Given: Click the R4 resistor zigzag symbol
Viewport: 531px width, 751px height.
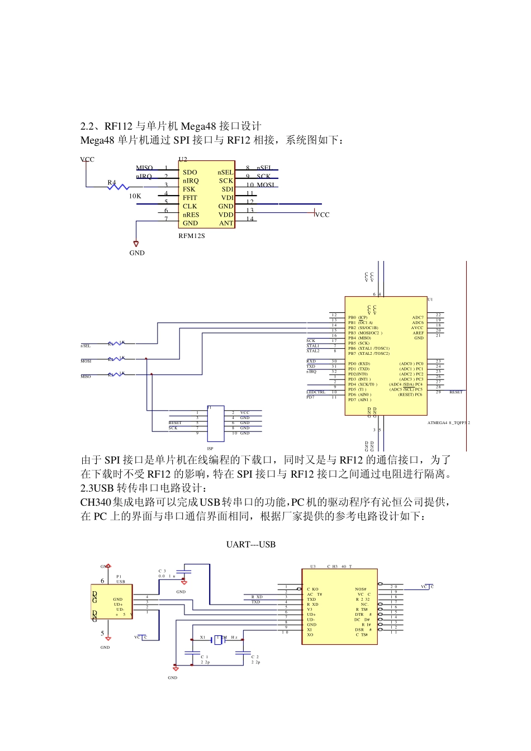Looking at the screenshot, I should click(x=118, y=187).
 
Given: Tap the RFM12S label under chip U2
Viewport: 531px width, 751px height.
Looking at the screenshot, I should click(x=192, y=236).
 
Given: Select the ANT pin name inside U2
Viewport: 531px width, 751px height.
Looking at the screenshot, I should click(x=226, y=223).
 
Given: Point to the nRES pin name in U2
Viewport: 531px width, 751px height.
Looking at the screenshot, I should click(x=191, y=215).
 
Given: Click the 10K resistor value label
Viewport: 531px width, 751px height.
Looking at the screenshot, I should click(x=135, y=196).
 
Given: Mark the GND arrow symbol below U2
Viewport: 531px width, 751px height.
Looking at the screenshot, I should click(x=136, y=244).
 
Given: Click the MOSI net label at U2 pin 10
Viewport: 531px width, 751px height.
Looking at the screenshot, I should click(x=265, y=185).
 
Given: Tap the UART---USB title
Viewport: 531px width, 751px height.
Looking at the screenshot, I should click(x=250, y=544).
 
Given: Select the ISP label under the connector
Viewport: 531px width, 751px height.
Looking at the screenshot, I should click(x=210, y=449).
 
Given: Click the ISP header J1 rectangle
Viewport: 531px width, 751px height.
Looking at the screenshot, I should click(x=216, y=424).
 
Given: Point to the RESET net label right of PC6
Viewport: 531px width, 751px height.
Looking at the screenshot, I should click(x=456, y=392).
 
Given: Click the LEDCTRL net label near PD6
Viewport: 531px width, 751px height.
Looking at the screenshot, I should click(x=316, y=392).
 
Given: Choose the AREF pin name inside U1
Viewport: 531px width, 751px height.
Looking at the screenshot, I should click(x=418, y=333).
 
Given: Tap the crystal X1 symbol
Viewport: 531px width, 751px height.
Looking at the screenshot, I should click(x=218, y=640).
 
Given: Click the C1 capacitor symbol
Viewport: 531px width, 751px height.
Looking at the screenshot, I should click(x=192, y=653).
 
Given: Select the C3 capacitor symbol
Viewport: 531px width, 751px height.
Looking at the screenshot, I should click(x=184, y=571).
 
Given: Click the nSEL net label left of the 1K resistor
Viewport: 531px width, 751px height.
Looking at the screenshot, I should click(x=86, y=346).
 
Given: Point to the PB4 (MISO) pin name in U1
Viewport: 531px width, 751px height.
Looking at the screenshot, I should click(x=359, y=338).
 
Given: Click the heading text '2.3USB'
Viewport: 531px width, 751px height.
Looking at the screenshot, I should click(x=97, y=488).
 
